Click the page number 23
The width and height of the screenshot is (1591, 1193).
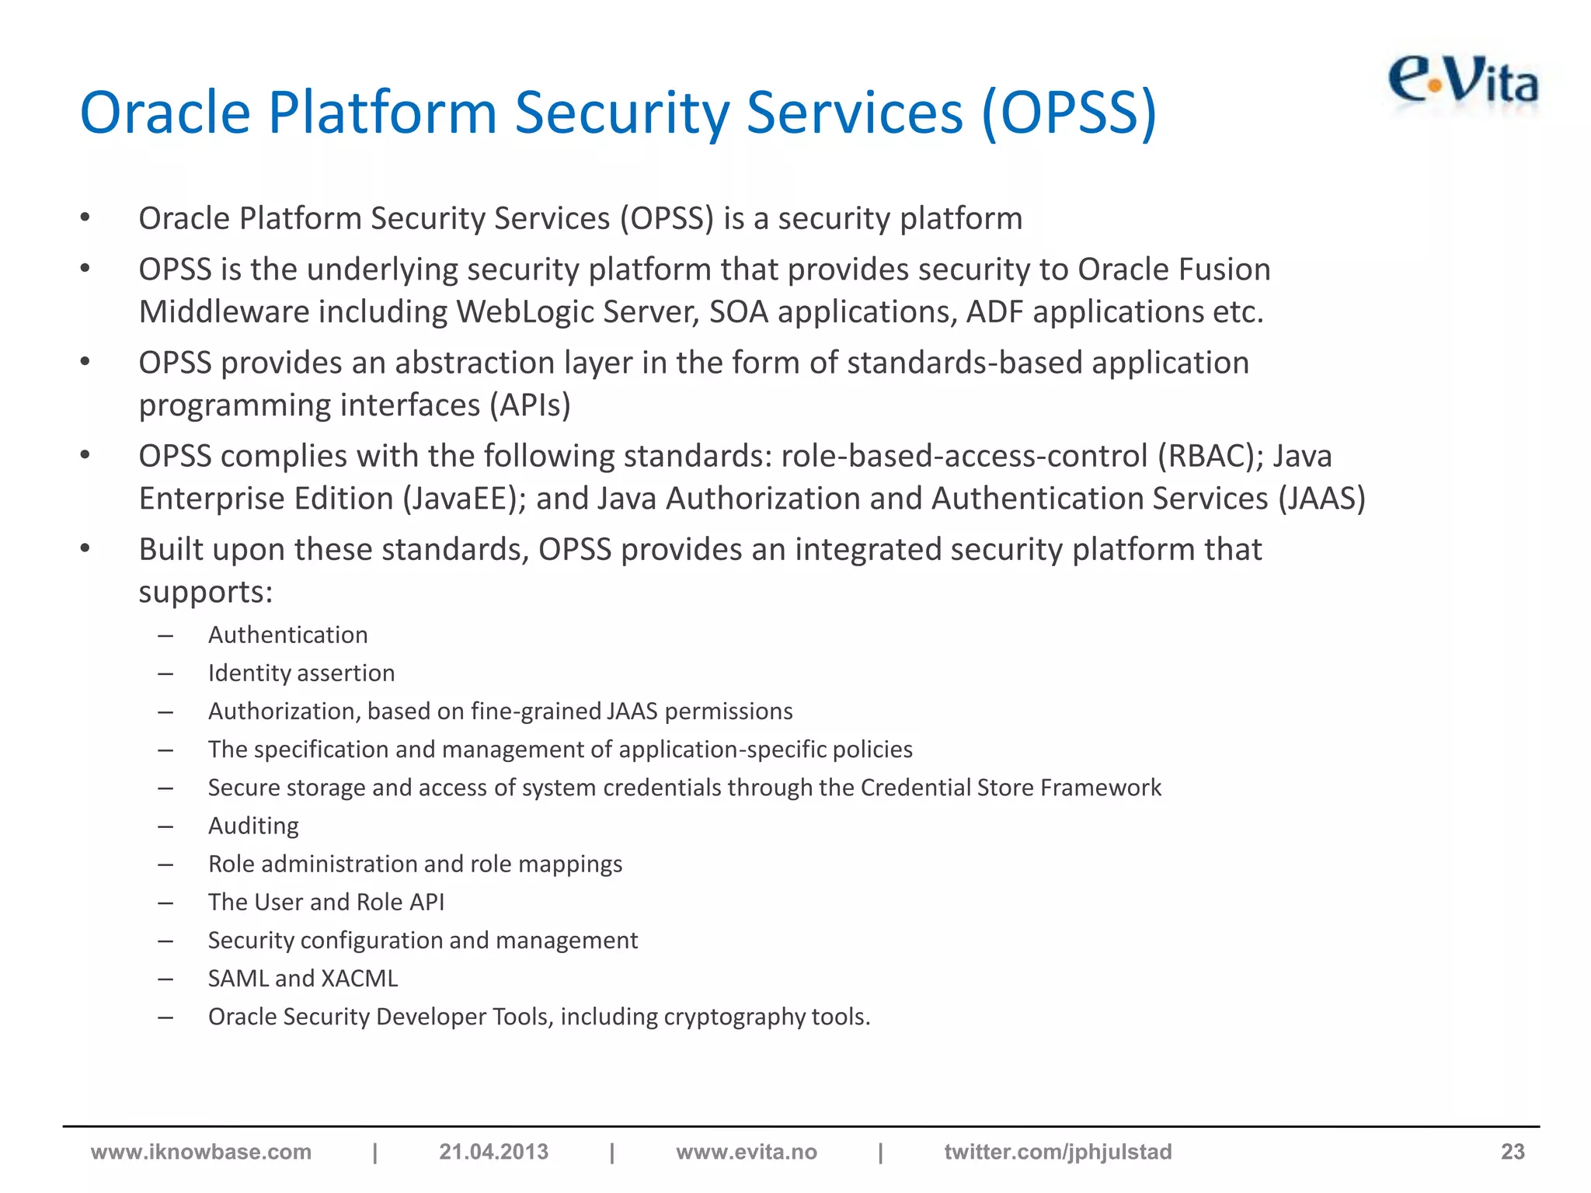coord(1512,1152)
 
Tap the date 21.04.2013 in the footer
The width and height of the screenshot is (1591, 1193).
coord(493,1152)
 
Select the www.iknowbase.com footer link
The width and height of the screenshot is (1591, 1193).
coord(201,1152)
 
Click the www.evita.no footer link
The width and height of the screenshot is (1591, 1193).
coord(747,1152)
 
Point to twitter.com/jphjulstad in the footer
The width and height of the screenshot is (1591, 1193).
coord(1058,1152)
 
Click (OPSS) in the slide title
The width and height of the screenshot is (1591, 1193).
coord(1069,113)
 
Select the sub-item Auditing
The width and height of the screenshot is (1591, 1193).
coord(253,826)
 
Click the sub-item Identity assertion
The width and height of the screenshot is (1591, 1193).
coord(301,673)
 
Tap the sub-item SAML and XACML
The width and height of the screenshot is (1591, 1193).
coord(303,979)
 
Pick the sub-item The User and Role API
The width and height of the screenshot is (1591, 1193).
coord(326,902)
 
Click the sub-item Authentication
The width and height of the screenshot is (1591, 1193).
coord(288,635)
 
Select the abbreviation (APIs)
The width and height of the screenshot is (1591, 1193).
coord(530,405)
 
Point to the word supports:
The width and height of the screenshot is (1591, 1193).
coord(206,593)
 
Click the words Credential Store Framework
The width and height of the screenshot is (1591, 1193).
coord(1011,788)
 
